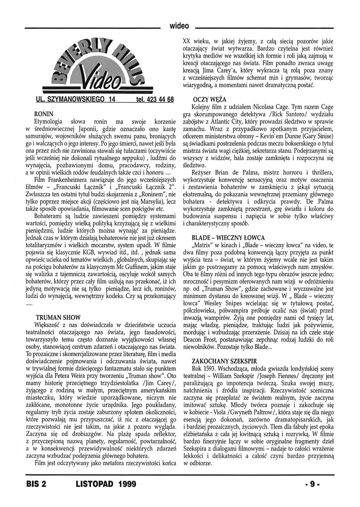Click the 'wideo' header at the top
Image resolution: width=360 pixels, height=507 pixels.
179,26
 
